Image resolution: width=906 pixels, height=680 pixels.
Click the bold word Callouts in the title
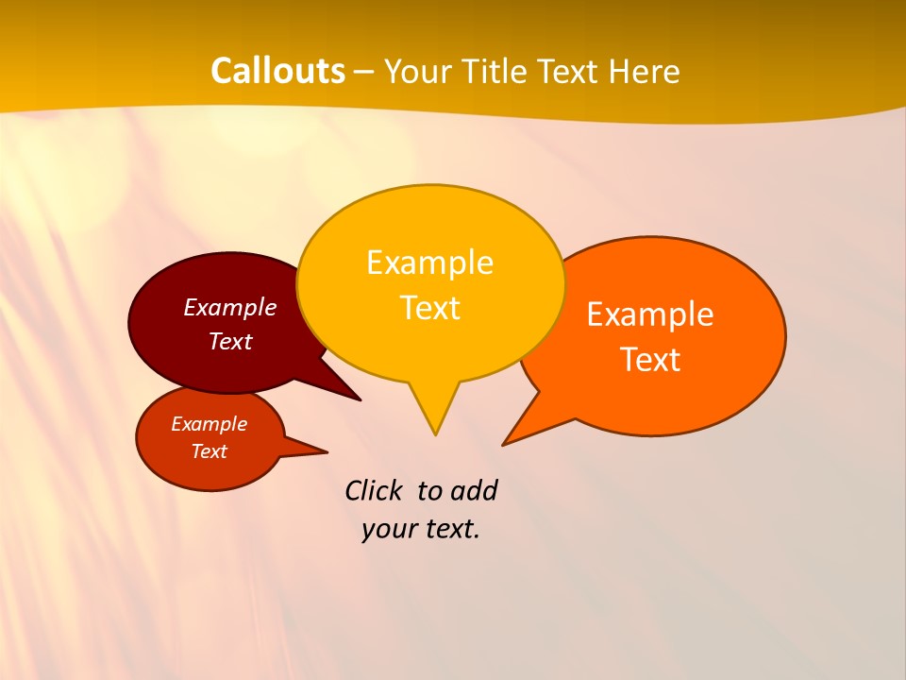click(x=277, y=71)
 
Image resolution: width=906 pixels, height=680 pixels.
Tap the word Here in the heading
click(x=645, y=72)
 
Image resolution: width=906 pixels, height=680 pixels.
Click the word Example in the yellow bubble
click(x=429, y=263)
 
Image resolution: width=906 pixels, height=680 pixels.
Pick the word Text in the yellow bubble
click(x=429, y=308)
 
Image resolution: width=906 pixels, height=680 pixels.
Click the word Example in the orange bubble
click(x=650, y=314)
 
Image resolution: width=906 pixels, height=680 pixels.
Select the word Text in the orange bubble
click(x=650, y=360)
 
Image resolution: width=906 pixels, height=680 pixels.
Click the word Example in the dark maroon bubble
click(x=229, y=307)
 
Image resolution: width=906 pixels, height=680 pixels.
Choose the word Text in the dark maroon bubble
click(x=229, y=341)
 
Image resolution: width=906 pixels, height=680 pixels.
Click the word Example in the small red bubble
click(x=209, y=424)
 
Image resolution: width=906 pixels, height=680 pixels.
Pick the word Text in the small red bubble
click(x=209, y=451)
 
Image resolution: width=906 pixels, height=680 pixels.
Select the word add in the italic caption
click(x=474, y=490)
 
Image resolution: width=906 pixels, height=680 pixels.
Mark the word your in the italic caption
click(x=388, y=529)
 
